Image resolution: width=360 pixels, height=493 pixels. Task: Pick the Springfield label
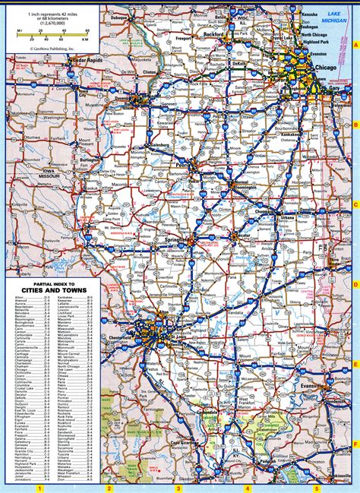(x=176, y=239)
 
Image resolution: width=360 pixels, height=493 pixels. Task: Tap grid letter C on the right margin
(x=355, y=204)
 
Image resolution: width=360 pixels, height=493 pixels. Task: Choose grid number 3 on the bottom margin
(x=178, y=488)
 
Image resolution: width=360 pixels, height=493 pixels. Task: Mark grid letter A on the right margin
(x=355, y=44)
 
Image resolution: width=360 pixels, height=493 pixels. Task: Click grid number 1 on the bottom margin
(x=39, y=488)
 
